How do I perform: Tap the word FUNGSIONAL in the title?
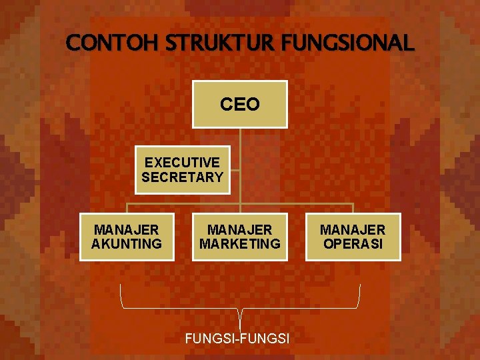coord(348,44)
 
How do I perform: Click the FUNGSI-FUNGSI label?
coord(237,339)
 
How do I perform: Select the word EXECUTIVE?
coord(182,163)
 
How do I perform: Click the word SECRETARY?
coord(182,177)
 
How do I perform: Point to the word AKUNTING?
coord(127,244)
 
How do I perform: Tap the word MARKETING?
coord(240,244)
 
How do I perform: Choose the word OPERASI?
coord(353,244)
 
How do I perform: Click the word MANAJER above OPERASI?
coord(353,230)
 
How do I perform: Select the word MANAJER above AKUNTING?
coord(127,230)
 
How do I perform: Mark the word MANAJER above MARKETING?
coord(240,230)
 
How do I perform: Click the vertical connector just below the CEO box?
coord(240,136)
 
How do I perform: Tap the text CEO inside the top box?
coord(240,105)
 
